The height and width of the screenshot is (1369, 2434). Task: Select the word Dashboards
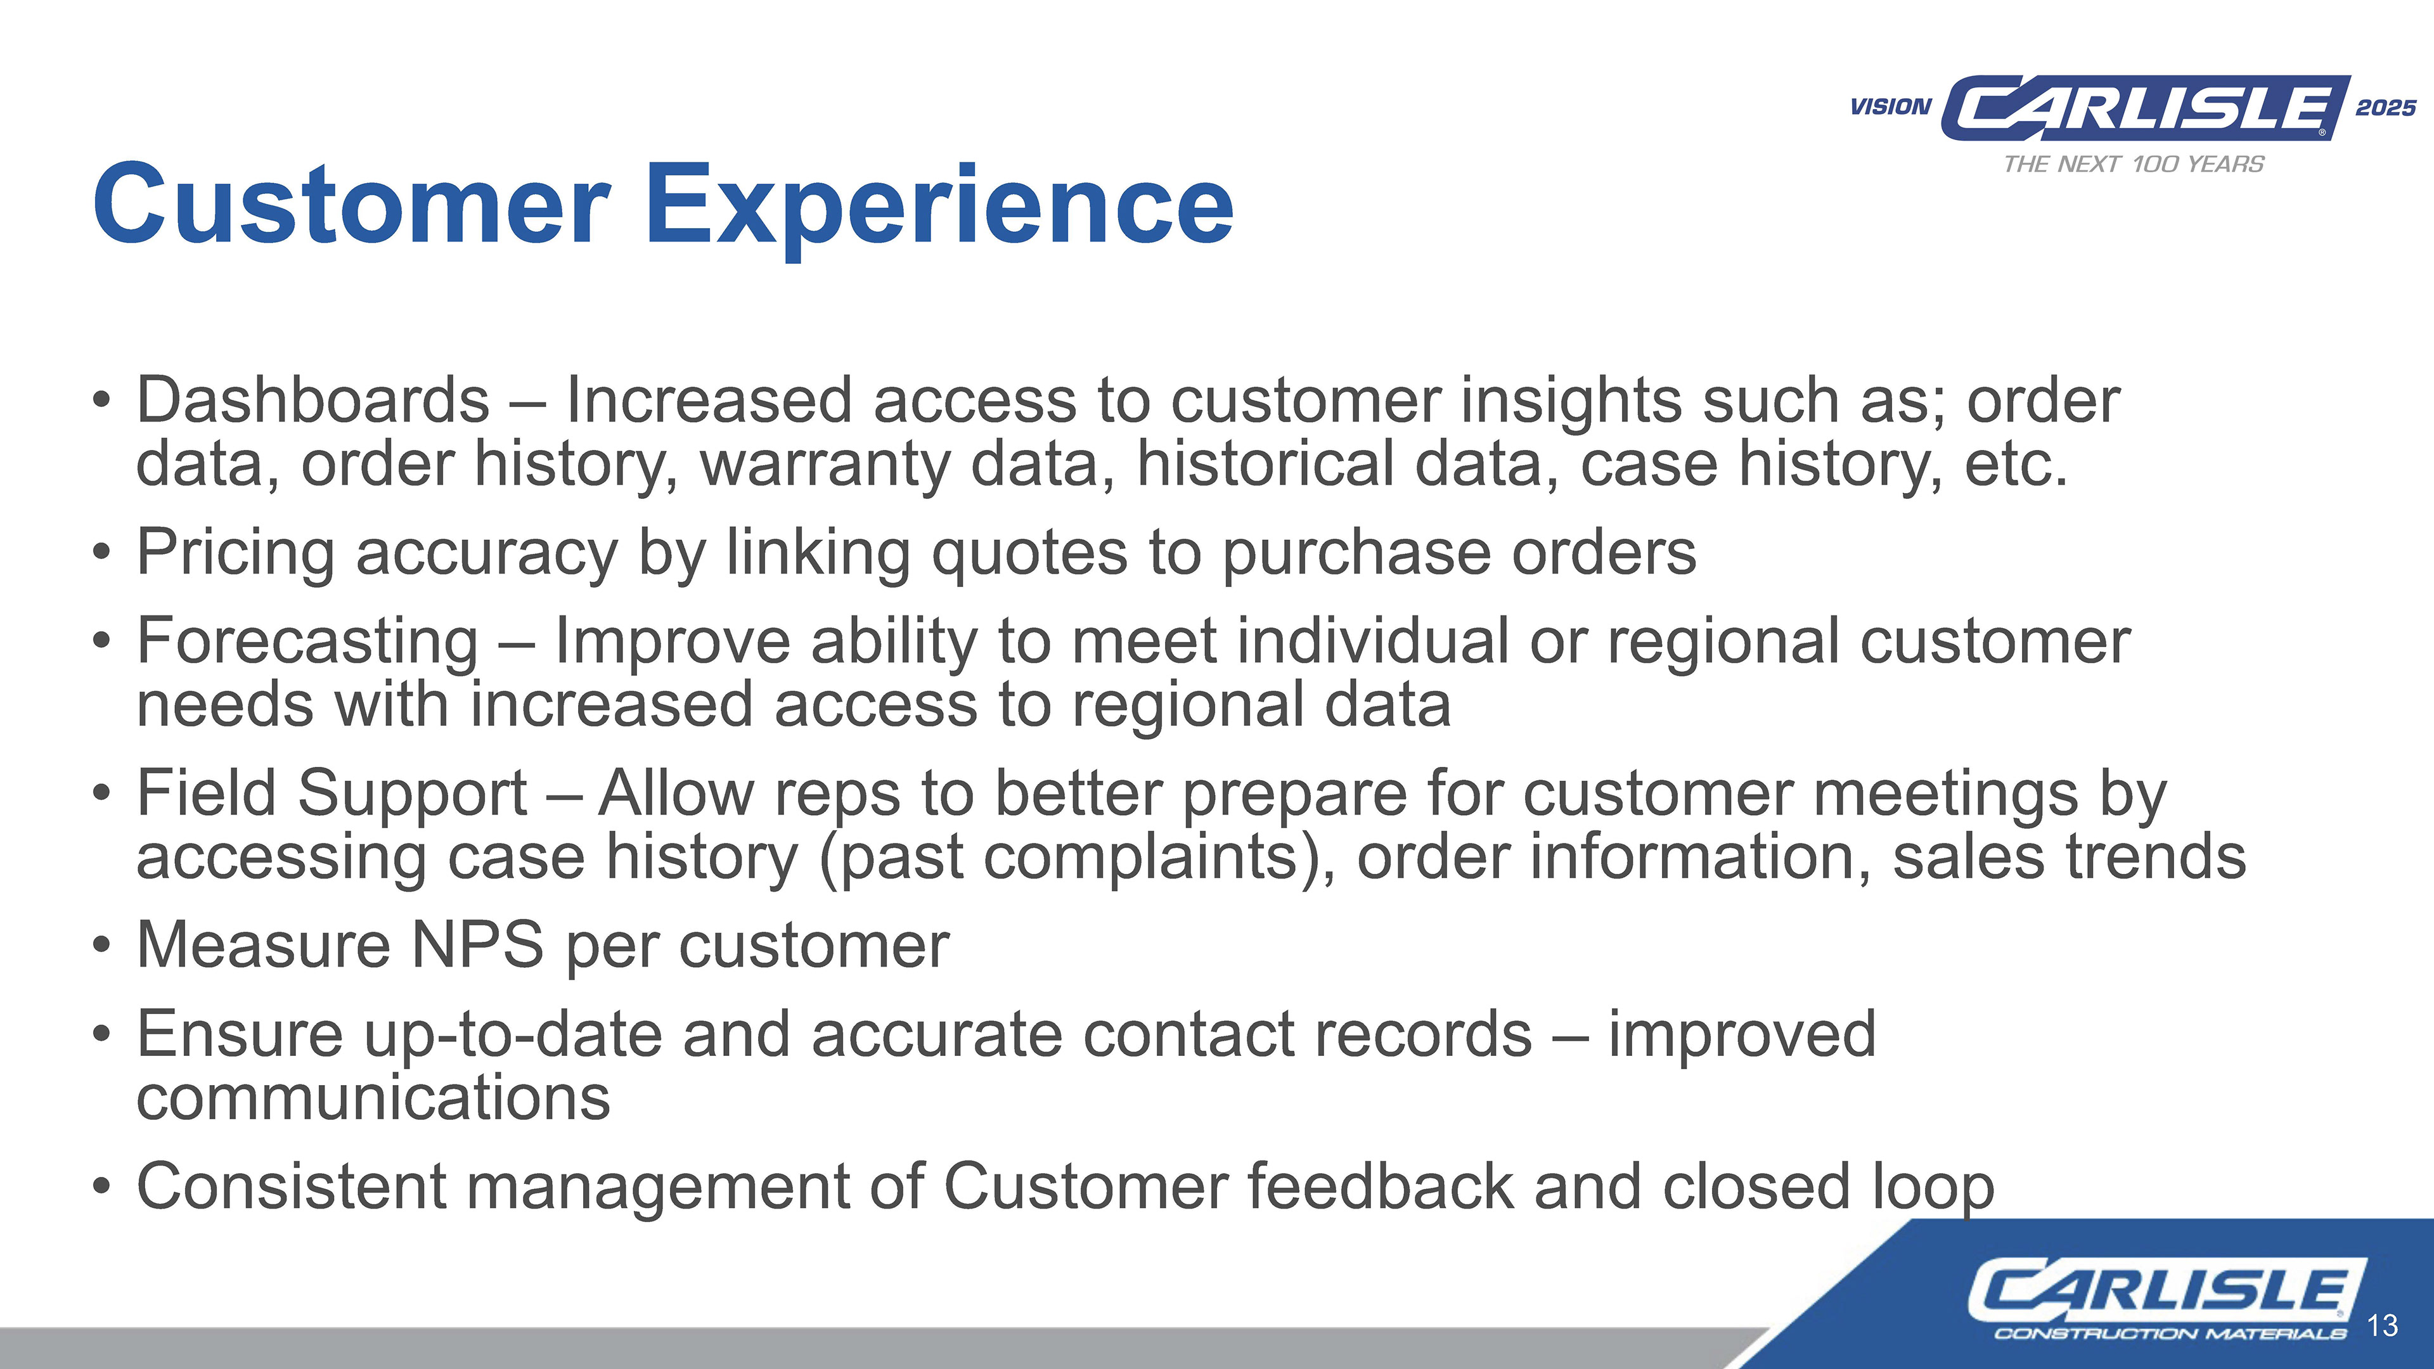(x=312, y=400)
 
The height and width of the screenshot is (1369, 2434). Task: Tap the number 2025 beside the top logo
(x=2386, y=108)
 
